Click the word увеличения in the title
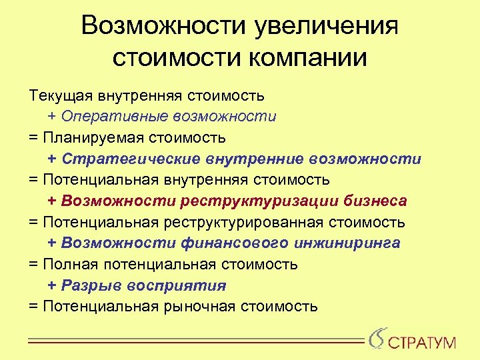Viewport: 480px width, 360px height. pos(326,27)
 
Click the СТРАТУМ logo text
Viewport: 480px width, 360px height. pos(423,343)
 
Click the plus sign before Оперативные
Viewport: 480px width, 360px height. pos(52,117)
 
